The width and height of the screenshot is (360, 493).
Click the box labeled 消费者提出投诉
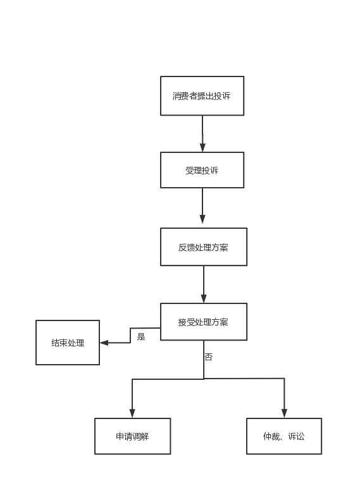(x=202, y=96)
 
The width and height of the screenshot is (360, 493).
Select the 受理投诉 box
(x=202, y=170)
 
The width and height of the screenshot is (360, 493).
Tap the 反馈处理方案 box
(x=204, y=246)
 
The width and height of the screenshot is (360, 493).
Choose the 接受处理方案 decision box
(x=204, y=322)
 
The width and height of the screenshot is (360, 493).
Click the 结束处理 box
(x=68, y=343)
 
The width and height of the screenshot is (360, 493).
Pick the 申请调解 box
(x=132, y=436)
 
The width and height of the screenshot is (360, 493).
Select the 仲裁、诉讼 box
(x=284, y=436)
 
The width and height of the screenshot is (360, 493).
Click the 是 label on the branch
(x=141, y=337)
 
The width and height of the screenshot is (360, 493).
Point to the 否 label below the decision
(x=209, y=356)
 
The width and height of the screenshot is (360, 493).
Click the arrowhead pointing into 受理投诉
(x=202, y=147)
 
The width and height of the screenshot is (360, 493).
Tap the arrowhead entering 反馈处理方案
(x=202, y=219)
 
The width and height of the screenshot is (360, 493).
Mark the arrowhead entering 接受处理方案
(x=204, y=299)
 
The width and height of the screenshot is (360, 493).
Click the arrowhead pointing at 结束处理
(x=104, y=343)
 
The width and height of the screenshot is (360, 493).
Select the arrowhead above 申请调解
(x=132, y=413)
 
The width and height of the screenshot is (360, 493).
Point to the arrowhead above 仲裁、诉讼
(x=284, y=413)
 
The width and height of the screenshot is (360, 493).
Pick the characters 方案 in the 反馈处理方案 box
(x=220, y=247)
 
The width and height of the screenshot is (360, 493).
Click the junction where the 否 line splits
(x=204, y=379)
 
